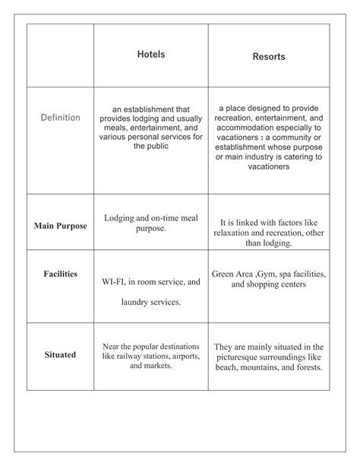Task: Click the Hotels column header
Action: click(x=150, y=55)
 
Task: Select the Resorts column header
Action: click(x=269, y=57)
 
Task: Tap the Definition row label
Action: click(x=60, y=118)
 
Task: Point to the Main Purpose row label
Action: click(x=60, y=226)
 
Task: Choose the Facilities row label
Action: click(x=60, y=274)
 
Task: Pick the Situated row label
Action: click(x=60, y=354)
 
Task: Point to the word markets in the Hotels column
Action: click(x=157, y=366)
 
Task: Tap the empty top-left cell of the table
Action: click(x=60, y=55)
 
